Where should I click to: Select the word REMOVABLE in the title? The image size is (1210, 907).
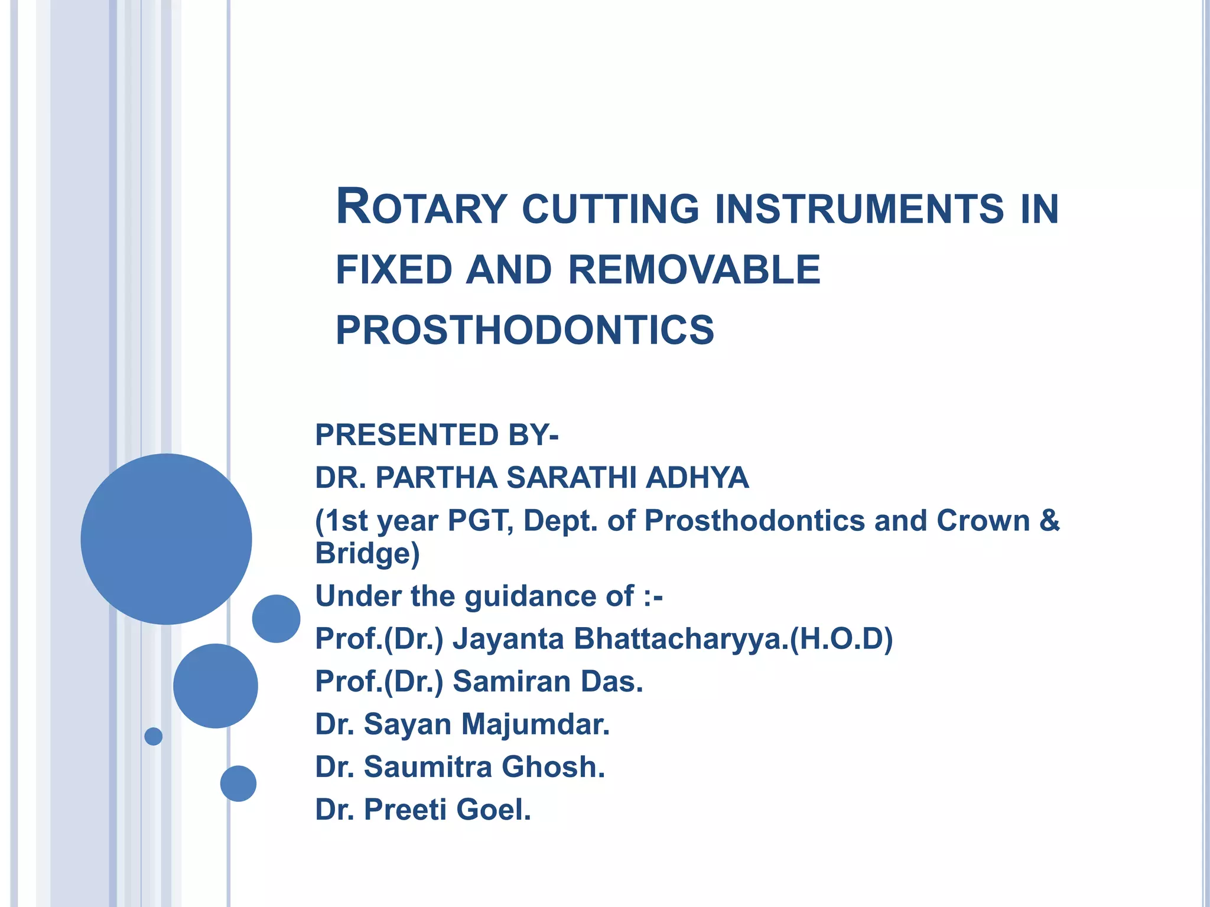pyautogui.click(x=694, y=270)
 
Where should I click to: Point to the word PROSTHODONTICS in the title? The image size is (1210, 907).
pyautogui.click(x=525, y=330)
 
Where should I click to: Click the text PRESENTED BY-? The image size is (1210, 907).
pyautogui.click(x=437, y=435)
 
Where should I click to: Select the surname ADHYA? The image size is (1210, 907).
pyautogui.click(x=697, y=478)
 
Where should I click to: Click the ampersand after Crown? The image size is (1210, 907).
pyautogui.click(x=1049, y=521)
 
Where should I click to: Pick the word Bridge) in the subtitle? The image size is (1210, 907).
pyautogui.click(x=367, y=554)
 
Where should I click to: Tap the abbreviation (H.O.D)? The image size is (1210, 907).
pyautogui.click(x=841, y=639)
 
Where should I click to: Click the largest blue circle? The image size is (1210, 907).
pyautogui.click(x=167, y=539)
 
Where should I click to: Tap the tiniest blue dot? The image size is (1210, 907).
pyautogui.click(x=154, y=736)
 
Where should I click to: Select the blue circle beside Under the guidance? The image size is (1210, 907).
pyautogui.click(x=276, y=618)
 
